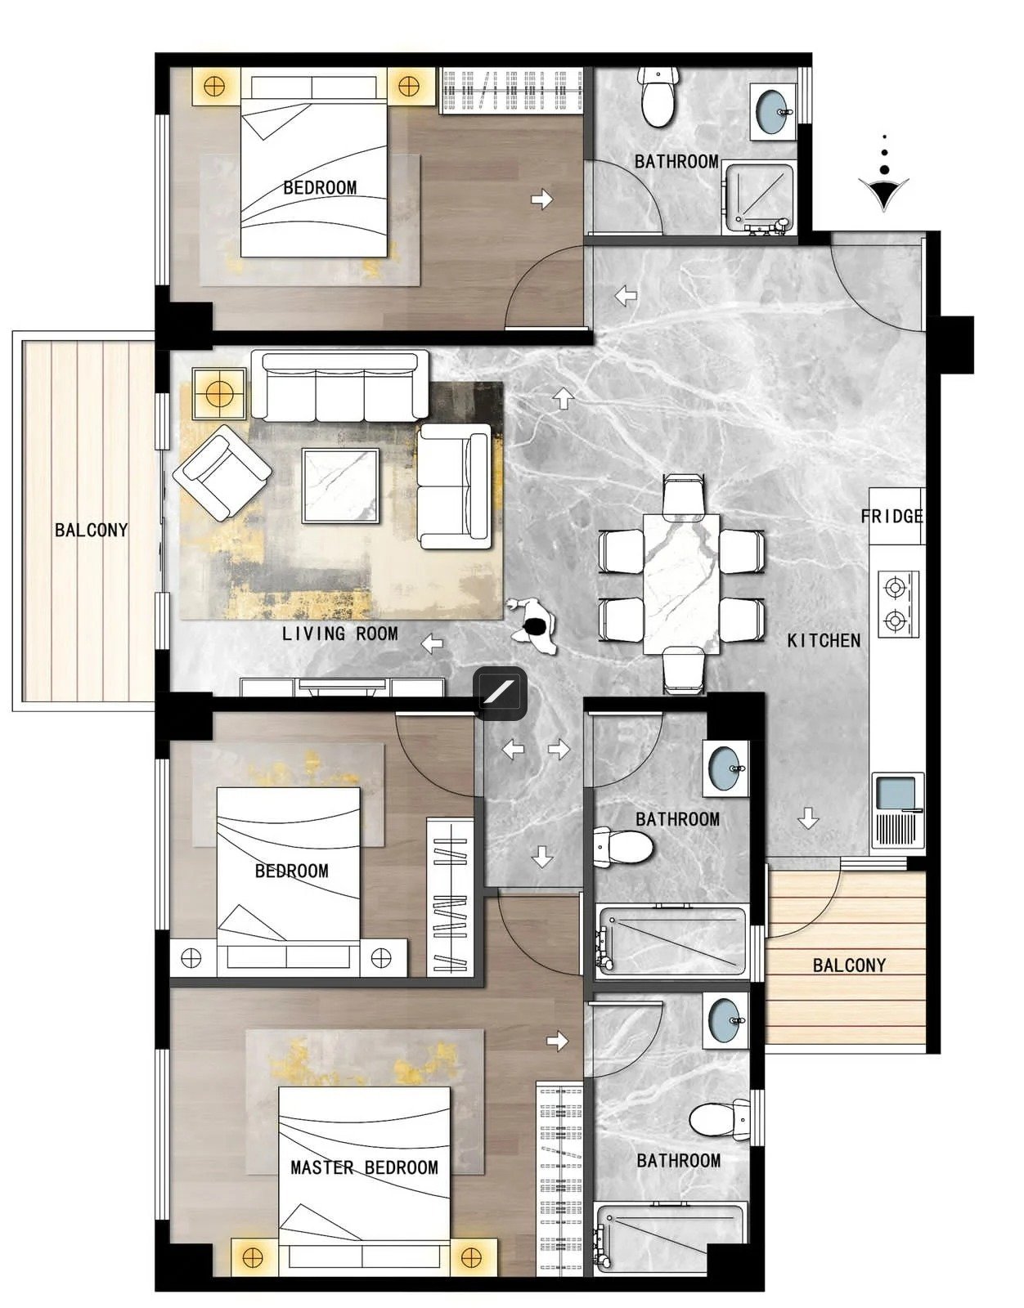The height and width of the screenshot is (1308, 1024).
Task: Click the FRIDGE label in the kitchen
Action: [891, 516]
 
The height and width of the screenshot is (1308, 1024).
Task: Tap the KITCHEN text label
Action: [824, 640]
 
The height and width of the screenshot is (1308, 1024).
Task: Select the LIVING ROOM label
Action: [340, 634]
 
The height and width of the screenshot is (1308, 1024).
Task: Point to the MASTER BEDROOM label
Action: [364, 1167]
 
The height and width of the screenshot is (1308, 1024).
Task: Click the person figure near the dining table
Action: [532, 626]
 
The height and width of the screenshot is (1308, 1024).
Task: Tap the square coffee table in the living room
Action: [341, 486]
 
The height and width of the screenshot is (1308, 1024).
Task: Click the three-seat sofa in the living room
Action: [339, 386]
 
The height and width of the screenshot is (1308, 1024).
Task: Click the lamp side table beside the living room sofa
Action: [219, 394]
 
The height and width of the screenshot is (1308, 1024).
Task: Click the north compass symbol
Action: [884, 174]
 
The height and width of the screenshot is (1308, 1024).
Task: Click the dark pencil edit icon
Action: [501, 693]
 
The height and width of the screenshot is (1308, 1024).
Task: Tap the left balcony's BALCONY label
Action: [92, 530]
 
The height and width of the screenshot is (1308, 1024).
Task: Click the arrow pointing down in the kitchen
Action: [808, 818]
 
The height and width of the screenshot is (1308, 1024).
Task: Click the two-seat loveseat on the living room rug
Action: [455, 486]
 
